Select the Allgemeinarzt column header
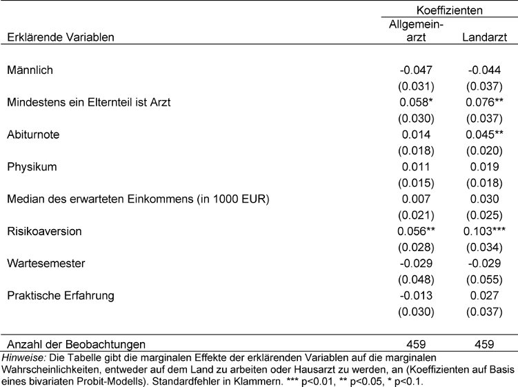(x=415, y=30)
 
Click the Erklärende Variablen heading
(x=60, y=37)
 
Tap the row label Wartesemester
(x=43, y=264)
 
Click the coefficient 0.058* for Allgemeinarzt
(x=416, y=102)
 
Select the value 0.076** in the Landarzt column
(x=486, y=102)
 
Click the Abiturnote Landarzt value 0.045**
(x=486, y=135)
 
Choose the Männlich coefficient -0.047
(x=415, y=70)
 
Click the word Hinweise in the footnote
(x=22, y=357)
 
